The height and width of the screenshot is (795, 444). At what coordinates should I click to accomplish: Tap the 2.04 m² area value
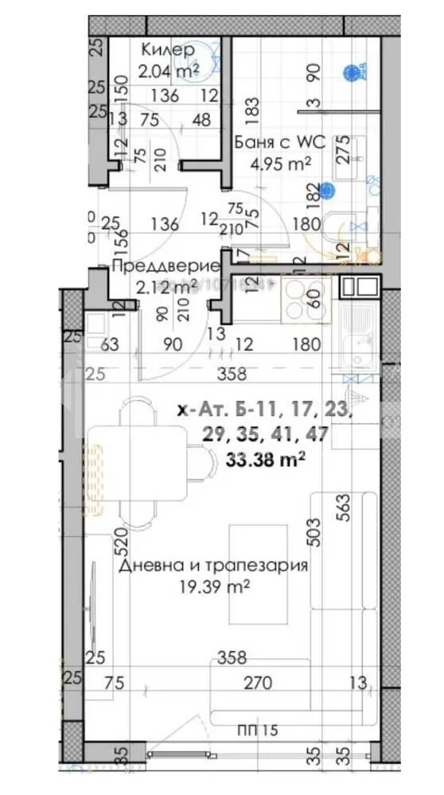167,71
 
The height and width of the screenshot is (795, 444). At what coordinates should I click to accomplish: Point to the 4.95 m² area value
271,165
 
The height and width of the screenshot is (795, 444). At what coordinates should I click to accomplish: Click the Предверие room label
154,266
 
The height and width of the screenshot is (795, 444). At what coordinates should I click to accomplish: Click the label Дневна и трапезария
212,566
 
